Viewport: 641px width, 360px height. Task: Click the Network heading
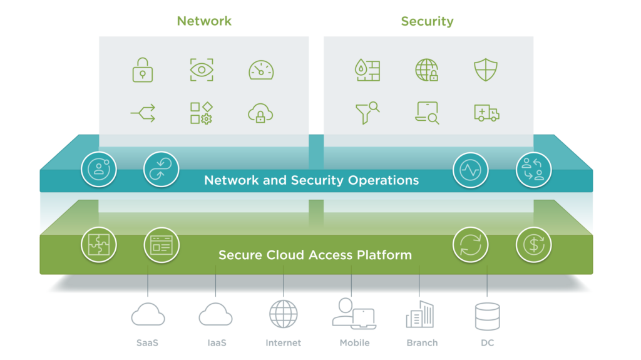(x=204, y=21)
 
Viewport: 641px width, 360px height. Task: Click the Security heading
(x=427, y=21)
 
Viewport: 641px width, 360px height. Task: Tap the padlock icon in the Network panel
(x=143, y=70)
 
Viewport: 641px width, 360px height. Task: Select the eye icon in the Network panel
(x=202, y=70)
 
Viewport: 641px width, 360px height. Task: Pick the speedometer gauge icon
(x=261, y=70)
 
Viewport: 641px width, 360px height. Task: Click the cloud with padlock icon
(x=260, y=113)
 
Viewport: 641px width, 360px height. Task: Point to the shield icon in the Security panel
(x=486, y=70)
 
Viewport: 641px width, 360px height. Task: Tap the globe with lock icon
(x=427, y=70)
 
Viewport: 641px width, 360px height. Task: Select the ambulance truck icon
(x=486, y=113)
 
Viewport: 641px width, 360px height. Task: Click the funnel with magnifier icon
(x=367, y=113)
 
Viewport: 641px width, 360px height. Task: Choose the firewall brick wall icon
(x=367, y=70)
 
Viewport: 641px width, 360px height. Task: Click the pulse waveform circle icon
(x=471, y=170)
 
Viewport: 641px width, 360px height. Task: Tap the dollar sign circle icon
(x=533, y=245)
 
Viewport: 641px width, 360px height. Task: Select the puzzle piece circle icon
(x=99, y=245)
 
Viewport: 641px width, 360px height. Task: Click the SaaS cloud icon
(x=148, y=314)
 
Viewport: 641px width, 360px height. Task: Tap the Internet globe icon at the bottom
(x=284, y=314)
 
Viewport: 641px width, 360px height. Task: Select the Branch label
(x=422, y=343)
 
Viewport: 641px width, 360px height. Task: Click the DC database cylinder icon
(x=487, y=316)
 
